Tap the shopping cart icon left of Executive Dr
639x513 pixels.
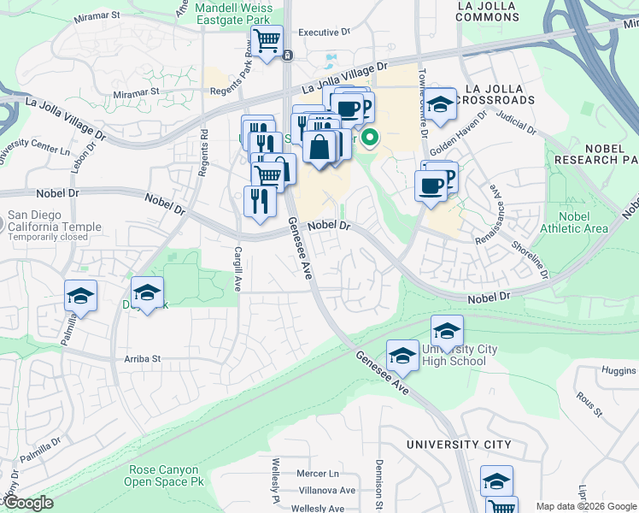pos(267,40)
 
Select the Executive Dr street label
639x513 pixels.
pos(324,32)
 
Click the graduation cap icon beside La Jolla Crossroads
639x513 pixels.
pos(441,106)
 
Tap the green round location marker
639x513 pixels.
pos(370,136)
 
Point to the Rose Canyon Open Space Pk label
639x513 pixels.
pos(164,476)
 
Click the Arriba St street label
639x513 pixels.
pos(143,359)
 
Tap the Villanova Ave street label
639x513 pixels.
pos(325,491)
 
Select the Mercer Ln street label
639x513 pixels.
pos(318,473)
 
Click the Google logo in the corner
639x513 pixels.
pos(28,503)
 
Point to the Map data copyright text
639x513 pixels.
pos(585,506)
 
